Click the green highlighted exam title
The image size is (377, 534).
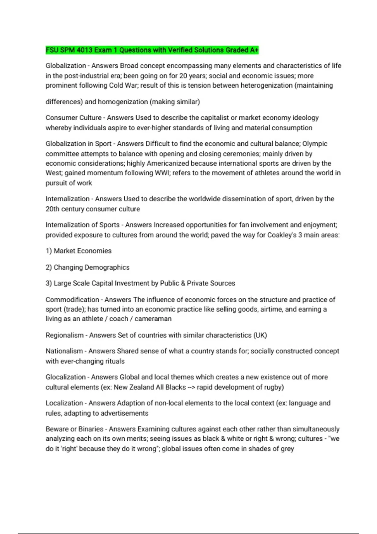click(x=152, y=50)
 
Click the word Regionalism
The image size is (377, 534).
click(x=65, y=335)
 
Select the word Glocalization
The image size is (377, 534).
click(x=66, y=377)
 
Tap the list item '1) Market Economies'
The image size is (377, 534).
click(x=79, y=251)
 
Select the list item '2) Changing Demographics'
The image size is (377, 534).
click(x=87, y=267)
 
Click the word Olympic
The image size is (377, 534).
click(x=315, y=144)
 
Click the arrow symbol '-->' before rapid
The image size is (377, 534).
click(x=191, y=387)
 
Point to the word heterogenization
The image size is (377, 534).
click(x=266, y=85)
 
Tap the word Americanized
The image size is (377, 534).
click(x=168, y=163)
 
